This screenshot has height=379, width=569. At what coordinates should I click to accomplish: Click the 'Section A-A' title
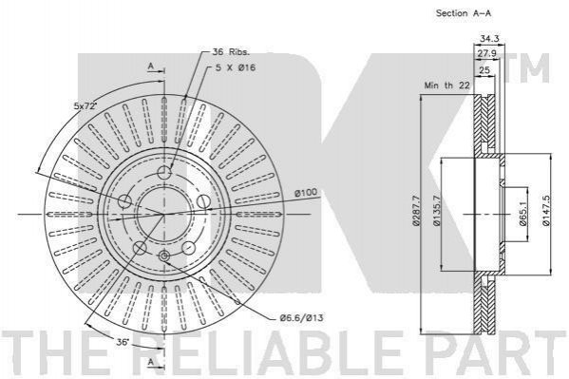point(464,13)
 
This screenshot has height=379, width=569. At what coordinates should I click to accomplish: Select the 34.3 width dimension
point(489,38)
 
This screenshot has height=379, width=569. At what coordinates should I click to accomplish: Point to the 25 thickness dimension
point(484,70)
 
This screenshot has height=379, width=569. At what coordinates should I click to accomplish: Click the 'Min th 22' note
point(447,85)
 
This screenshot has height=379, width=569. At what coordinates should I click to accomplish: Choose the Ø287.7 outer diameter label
point(416,211)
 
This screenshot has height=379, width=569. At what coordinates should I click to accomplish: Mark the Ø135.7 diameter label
point(437,211)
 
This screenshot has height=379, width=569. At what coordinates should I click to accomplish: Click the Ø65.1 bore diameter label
point(522,214)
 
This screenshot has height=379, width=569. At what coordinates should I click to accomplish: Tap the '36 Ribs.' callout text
point(231,52)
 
